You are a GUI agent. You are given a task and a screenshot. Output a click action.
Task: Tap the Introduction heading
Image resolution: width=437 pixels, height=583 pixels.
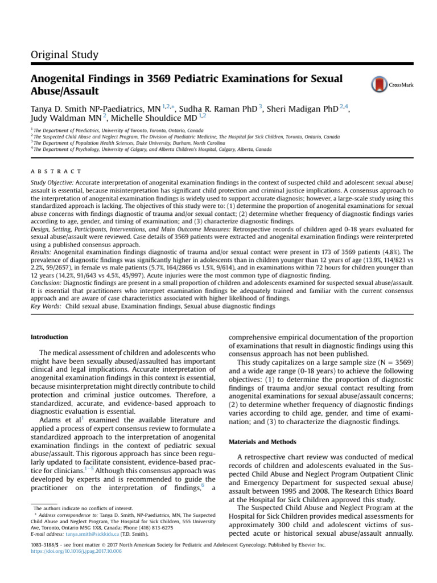coord(48,337)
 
